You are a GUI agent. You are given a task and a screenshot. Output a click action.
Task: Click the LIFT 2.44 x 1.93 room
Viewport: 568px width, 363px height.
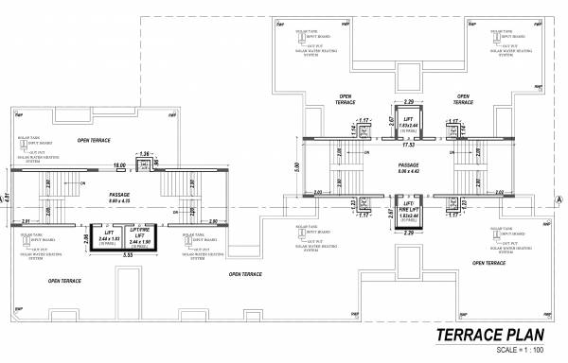tap(111, 237)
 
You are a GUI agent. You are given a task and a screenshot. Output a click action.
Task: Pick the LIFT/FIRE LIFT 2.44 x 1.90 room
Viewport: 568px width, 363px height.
tap(139, 237)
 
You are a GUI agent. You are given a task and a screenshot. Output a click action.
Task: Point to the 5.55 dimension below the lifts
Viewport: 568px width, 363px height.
tap(126, 256)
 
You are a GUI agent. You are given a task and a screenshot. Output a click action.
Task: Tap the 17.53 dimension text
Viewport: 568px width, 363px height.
tap(409, 146)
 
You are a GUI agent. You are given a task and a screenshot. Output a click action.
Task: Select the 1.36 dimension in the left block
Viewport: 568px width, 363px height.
tap(145, 152)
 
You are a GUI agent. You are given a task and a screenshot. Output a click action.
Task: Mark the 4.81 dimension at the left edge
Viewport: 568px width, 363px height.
tap(6, 198)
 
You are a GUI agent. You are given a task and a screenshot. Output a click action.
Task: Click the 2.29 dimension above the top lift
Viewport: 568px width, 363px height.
tap(408, 99)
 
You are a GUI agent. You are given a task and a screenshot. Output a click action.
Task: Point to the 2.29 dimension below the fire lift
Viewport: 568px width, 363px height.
tap(408, 234)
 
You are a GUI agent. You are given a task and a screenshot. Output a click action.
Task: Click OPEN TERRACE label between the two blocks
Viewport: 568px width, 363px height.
tap(245, 274)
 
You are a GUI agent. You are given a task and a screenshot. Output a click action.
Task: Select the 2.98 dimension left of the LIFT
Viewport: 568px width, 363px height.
tap(85, 238)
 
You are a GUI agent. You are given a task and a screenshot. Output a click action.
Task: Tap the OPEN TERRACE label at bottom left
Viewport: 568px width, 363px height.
tap(66, 281)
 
